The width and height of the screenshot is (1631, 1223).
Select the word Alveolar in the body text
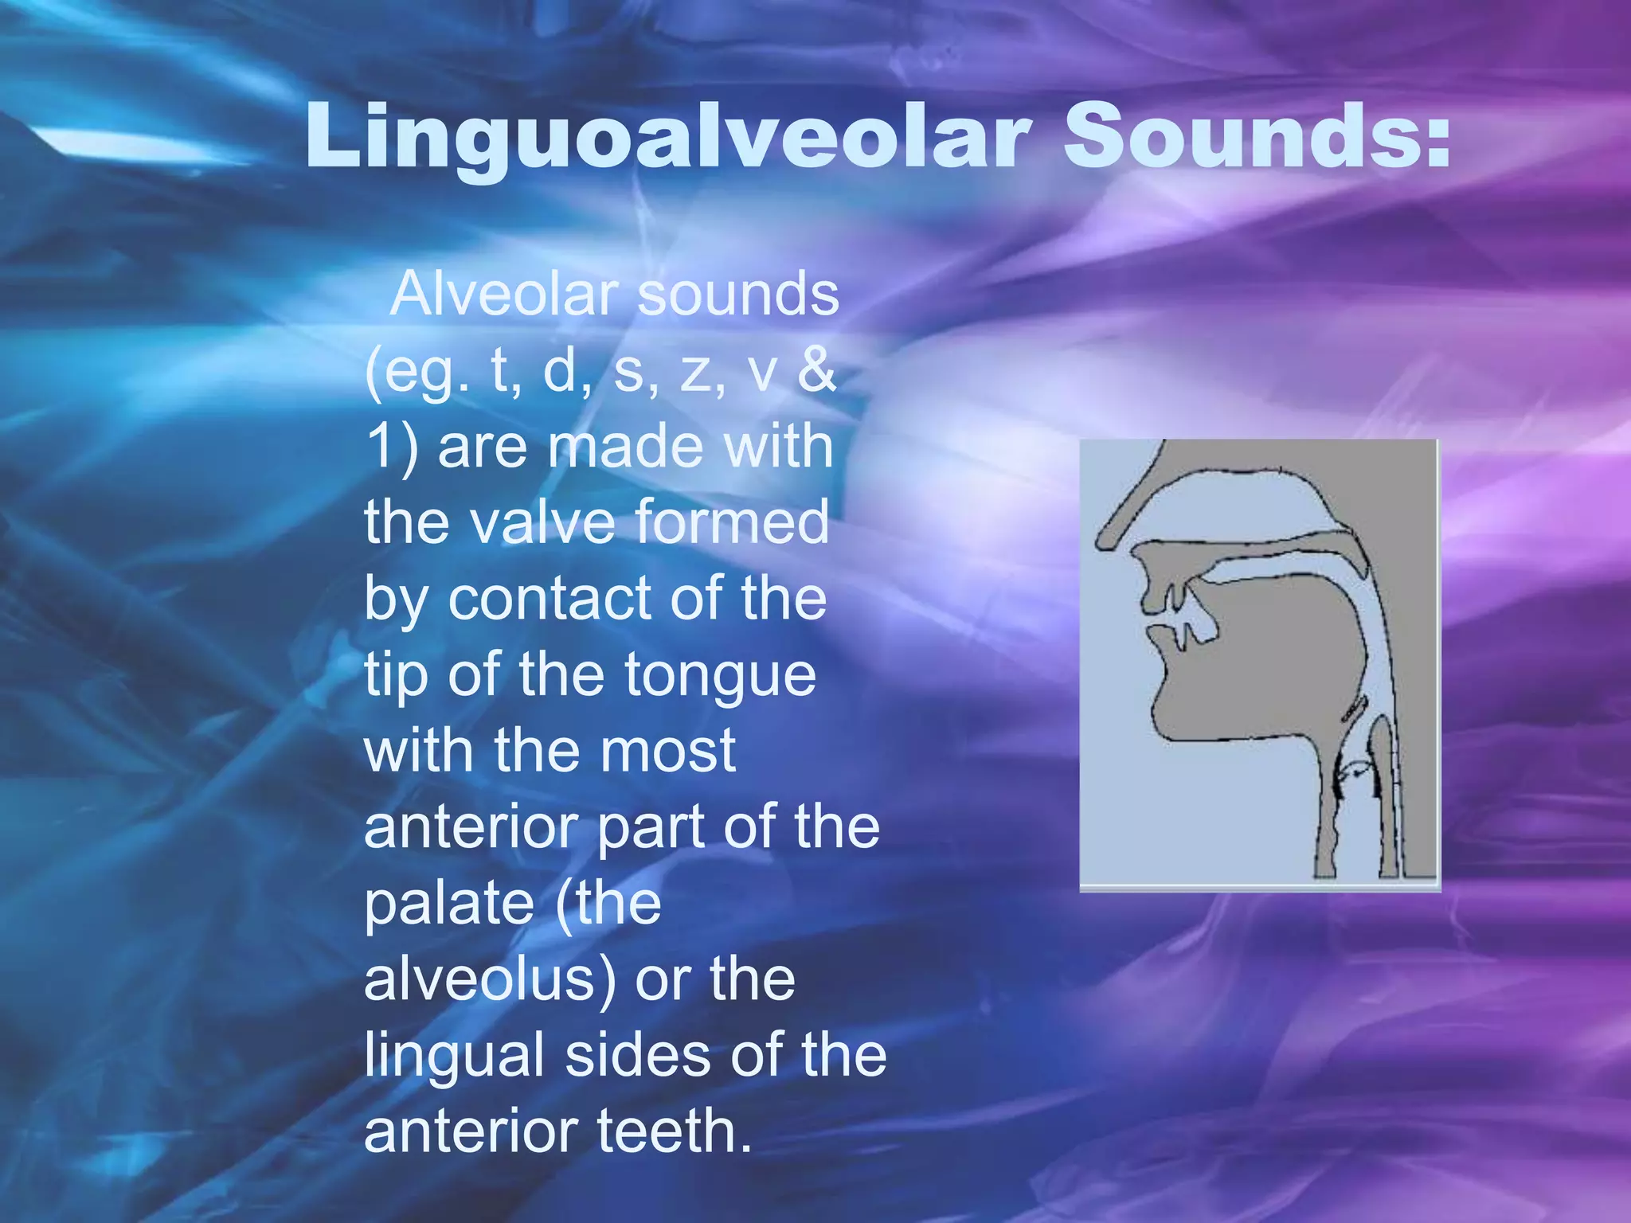coord(505,295)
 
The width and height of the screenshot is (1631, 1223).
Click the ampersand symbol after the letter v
coord(816,369)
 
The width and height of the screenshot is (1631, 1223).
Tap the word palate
coord(449,905)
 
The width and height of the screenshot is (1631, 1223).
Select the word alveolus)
coord(490,979)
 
